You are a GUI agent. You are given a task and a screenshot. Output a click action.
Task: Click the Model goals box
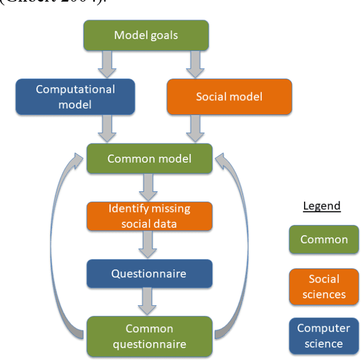146,36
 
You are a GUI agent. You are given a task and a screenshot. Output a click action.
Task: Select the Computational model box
75,96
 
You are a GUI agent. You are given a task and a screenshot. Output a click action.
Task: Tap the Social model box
229,96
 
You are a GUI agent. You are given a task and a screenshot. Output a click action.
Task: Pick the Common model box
149,159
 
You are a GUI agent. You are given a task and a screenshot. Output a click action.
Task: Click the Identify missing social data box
149,216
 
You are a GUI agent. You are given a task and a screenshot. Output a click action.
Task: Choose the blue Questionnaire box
149,274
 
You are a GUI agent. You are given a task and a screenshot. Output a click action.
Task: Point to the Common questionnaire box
149,336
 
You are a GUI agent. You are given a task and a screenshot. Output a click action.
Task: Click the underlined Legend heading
322,206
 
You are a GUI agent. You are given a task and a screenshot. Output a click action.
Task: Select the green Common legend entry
324,239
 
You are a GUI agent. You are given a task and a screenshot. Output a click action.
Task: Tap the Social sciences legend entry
324,287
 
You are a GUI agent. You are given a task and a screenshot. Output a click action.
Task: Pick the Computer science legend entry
324,336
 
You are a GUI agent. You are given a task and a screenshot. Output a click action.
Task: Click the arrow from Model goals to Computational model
107,64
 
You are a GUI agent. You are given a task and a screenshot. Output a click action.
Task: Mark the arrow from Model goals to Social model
196,64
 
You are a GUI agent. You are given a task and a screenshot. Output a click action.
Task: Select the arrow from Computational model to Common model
107,129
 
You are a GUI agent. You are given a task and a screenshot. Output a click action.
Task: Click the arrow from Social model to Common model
196,129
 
